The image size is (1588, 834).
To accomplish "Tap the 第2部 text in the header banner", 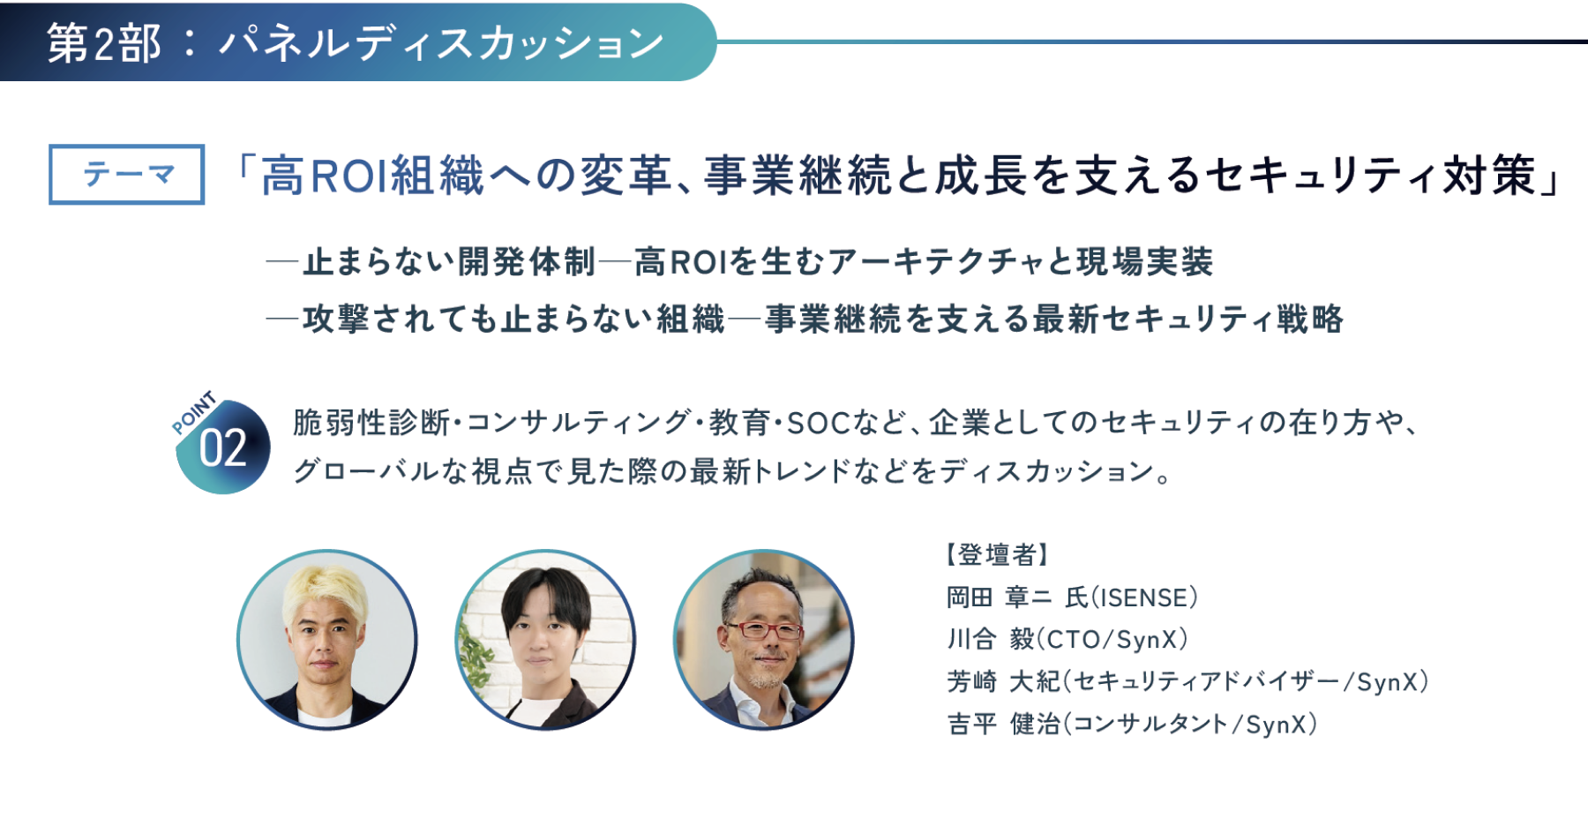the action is pyautogui.click(x=104, y=43).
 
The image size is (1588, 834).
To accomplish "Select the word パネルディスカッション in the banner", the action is pyautogui.click(x=442, y=43).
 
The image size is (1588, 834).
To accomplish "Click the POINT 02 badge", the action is pyautogui.click(x=221, y=442).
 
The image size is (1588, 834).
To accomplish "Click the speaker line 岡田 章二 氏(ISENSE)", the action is pyautogui.click(x=1072, y=597).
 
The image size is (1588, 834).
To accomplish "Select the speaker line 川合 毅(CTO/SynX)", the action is pyautogui.click(x=1067, y=639).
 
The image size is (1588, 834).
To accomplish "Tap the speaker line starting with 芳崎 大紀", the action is pyautogui.click(x=1187, y=681).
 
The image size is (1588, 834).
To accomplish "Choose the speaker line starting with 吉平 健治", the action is pyautogui.click(x=1132, y=724).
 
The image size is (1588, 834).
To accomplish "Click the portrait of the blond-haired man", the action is pyautogui.click(x=327, y=640).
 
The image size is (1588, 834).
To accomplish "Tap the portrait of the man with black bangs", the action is pyautogui.click(x=545, y=640).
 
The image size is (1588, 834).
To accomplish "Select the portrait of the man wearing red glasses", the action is pyautogui.click(x=763, y=640).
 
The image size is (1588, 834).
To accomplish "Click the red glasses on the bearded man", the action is pyautogui.click(x=763, y=630).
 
